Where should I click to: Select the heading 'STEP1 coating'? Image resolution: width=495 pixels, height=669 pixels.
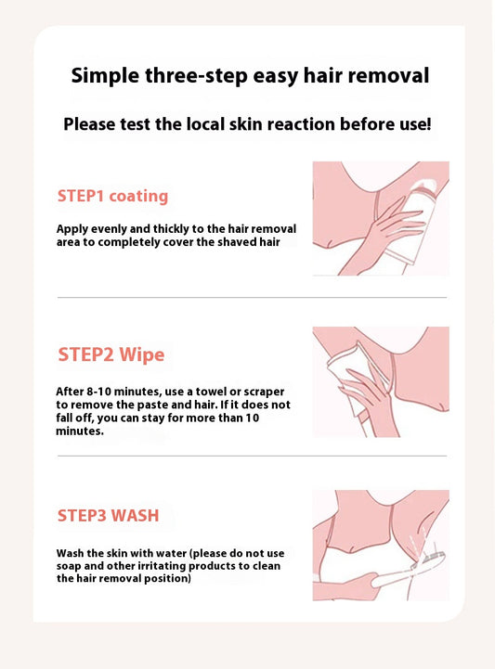click(x=112, y=196)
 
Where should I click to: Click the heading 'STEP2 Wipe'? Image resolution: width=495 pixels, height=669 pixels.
click(x=111, y=354)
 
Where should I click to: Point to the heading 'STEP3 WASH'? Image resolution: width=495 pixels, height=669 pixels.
click(x=113, y=515)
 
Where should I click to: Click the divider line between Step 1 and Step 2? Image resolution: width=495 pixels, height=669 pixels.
click(x=251, y=297)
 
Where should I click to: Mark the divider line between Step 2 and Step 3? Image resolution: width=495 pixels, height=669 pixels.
click(x=251, y=456)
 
